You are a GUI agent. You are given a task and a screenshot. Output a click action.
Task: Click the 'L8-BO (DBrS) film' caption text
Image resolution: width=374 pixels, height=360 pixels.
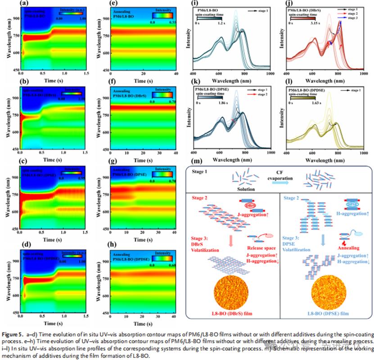point(233,313)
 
